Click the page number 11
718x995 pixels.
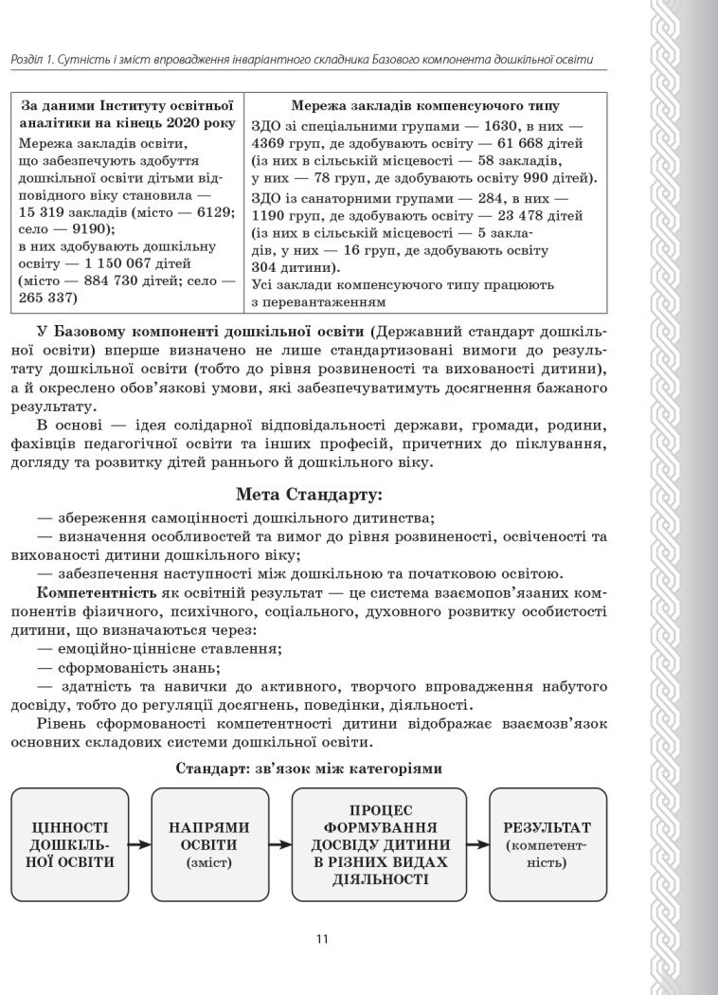322,939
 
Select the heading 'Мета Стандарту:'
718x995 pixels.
308,494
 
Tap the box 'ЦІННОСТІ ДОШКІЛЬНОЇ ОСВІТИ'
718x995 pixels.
72,844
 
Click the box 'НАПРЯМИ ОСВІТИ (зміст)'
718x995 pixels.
209,844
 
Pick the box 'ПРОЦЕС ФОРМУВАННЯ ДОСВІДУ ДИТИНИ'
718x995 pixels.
378,844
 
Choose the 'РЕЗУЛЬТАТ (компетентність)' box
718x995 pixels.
547,844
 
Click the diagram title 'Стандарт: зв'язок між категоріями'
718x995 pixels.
308,769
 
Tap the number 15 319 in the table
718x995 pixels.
46,212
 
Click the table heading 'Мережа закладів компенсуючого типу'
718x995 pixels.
424,107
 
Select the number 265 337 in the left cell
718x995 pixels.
47,298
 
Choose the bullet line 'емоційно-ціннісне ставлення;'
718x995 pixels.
159,648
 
